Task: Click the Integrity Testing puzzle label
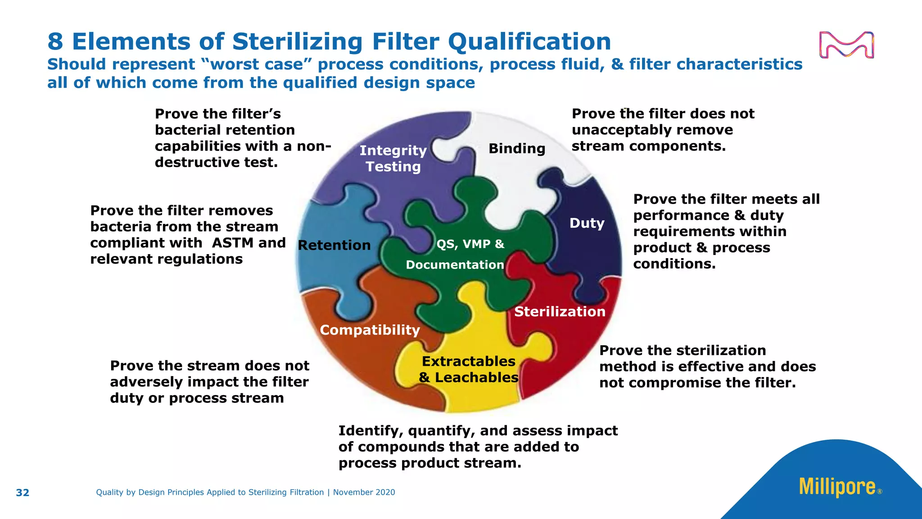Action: [393, 159]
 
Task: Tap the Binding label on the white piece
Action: [517, 149]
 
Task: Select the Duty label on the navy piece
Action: [587, 223]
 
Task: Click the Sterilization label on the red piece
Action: [560, 312]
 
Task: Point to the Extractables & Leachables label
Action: [469, 369]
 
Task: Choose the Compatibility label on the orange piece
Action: [370, 330]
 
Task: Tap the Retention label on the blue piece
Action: [334, 246]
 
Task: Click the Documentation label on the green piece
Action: [455, 265]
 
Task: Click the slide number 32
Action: [23, 493]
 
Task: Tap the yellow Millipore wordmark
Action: [837, 487]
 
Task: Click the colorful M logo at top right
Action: [846, 45]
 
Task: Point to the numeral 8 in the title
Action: [55, 42]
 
